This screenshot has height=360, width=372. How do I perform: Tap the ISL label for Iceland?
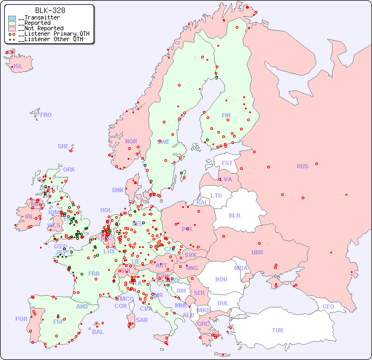18,67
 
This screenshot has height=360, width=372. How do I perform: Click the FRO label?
46,115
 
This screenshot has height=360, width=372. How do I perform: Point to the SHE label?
63,146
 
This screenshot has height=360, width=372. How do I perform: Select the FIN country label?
226,115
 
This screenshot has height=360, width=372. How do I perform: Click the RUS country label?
302,166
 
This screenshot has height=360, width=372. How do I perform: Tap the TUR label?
277,330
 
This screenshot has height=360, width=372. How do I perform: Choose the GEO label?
328,306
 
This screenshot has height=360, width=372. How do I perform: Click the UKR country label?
257,252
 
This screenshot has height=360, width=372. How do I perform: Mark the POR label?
21,319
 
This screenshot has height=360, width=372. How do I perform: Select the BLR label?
234,215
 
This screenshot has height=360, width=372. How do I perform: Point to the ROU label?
221,279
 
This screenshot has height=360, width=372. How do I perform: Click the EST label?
227,163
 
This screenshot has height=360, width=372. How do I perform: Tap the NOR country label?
131,141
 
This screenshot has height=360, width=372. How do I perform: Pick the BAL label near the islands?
98,332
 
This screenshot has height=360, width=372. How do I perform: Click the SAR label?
142,320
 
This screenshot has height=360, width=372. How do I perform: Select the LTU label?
216,195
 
